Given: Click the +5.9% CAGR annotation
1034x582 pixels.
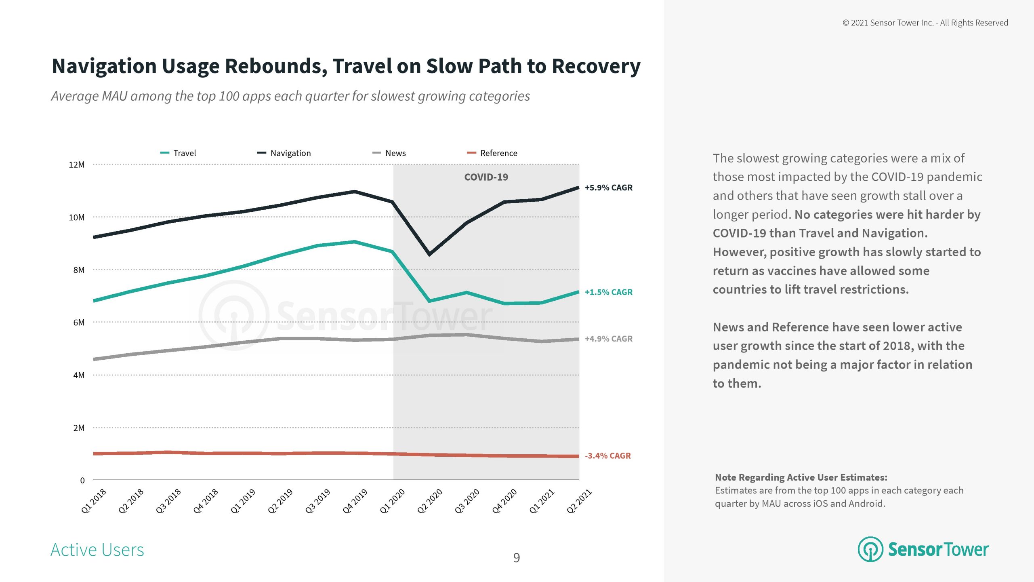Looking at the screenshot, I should [608, 188].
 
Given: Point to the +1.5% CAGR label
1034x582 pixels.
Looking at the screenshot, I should [608, 292].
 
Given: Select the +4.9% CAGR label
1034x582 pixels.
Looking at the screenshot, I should [608, 339].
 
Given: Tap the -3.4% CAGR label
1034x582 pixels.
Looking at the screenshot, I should [607, 456].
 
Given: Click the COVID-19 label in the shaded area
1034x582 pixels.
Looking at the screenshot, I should [486, 177].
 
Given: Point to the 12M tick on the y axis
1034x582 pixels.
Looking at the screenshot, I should [77, 165].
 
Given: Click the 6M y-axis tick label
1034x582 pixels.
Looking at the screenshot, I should [79, 323].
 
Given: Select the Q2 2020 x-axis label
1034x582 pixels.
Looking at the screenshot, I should [430, 501].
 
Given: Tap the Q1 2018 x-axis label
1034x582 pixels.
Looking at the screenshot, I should [94, 501].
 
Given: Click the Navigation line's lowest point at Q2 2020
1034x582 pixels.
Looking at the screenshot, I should [429, 254].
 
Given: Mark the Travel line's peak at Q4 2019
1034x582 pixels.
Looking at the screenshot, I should [354, 242].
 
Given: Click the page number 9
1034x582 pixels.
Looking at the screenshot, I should [517, 558].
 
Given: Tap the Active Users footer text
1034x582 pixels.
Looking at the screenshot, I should [97, 550].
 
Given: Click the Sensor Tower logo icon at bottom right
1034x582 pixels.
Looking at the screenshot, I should [870, 549].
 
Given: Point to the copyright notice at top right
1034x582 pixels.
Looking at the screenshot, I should [925, 23].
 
